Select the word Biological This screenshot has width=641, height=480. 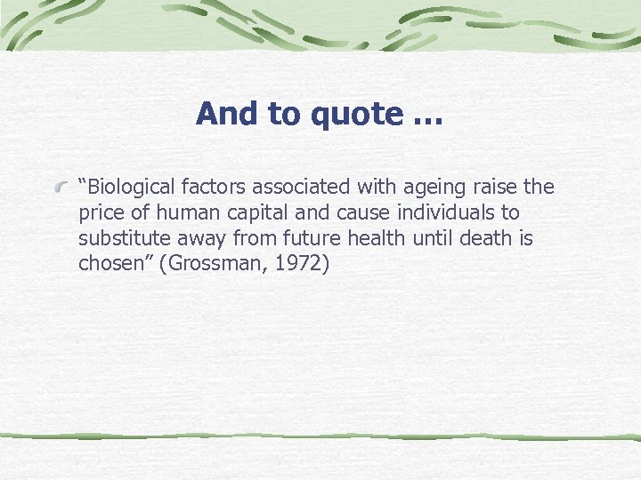click(x=126, y=188)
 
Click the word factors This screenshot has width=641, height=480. click(x=213, y=188)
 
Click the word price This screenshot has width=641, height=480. click(x=101, y=214)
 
